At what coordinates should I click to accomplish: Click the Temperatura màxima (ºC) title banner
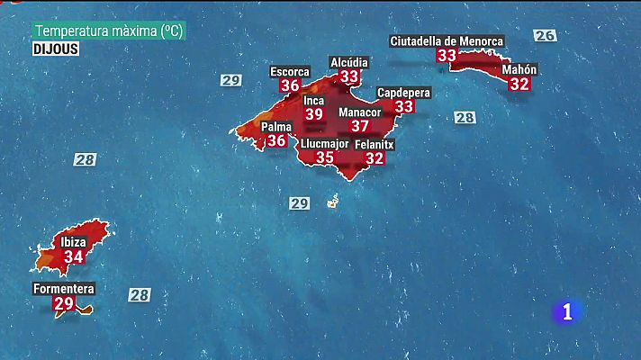[x=109, y=31]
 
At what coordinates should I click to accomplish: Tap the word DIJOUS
[x=56, y=49]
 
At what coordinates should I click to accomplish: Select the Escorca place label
[x=290, y=71]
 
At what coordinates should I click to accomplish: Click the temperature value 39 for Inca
[x=313, y=114]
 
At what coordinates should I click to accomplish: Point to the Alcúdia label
[x=348, y=61]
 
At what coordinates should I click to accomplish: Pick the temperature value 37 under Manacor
[x=359, y=126]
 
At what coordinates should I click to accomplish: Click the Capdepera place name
[x=403, y=93]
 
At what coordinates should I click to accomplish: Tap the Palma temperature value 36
[x=276, y=140]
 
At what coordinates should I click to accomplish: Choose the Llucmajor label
[x=325, y=143]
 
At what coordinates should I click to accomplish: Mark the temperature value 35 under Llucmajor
[x=325, y=157]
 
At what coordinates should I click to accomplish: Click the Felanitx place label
[x=375, y=144]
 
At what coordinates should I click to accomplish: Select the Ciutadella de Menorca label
[x=447, y=41]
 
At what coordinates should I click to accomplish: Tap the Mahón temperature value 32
[x=519, y=84]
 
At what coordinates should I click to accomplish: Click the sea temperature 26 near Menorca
[x=544, y=36]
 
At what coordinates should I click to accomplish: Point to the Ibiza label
[x=74, y=242]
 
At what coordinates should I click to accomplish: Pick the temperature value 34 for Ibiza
[x=74, y=256]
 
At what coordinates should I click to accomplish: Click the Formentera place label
[x=63, y=289]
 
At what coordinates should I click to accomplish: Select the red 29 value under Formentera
[x=63, y=304]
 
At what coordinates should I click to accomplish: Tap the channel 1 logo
[x=567, y=311]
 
